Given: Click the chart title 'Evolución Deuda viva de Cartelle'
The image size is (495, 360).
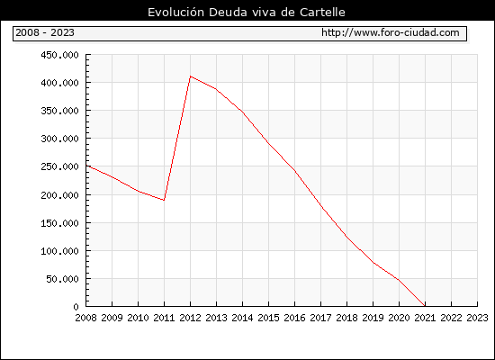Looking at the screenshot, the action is (247, 13).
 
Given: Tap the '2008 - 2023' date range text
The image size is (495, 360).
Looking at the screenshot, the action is (45, 32).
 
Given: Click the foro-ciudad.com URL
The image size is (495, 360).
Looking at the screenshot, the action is (391, 32).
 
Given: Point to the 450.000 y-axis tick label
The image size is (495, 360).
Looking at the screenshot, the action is (59, 55).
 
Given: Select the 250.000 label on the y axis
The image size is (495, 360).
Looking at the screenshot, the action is (59, 166).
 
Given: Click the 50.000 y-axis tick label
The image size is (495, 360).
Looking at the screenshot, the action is (62, 279).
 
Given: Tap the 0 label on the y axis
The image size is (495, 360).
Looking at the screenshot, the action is (76, 307).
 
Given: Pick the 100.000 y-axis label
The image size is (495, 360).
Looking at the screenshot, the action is (59, 251).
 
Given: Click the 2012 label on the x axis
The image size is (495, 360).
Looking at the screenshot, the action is (190, 318).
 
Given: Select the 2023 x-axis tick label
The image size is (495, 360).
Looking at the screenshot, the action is (477, 318).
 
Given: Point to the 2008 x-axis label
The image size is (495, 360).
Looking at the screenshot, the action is (85, 318).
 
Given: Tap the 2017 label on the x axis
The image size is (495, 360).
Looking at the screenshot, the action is (320, 318).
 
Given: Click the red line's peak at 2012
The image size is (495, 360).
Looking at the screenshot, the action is (191, 76).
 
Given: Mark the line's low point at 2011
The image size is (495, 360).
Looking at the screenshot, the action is (164, 200).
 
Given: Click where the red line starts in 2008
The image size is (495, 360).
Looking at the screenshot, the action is (86, 166).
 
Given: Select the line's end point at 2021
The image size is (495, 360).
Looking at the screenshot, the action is (425, 306).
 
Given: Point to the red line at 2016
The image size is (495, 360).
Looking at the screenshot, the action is (294, 170).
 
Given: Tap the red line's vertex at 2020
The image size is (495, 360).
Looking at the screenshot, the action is (399, 280).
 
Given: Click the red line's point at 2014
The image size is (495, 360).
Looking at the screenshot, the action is (242, 112).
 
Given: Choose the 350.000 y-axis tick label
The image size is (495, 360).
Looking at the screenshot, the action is (59, 111).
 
